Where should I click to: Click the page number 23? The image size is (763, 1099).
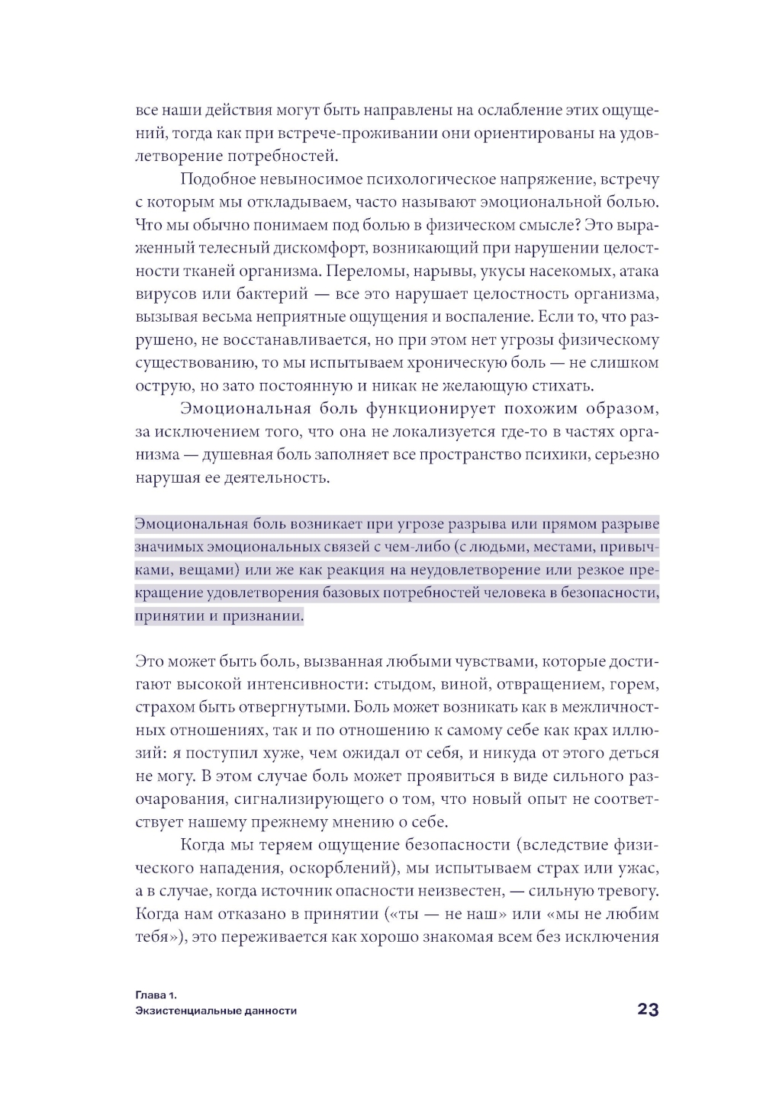(x=647, y=1010)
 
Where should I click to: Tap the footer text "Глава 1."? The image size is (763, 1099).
(x=156, y=995)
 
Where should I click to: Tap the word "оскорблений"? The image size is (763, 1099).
(x=342, y=868)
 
